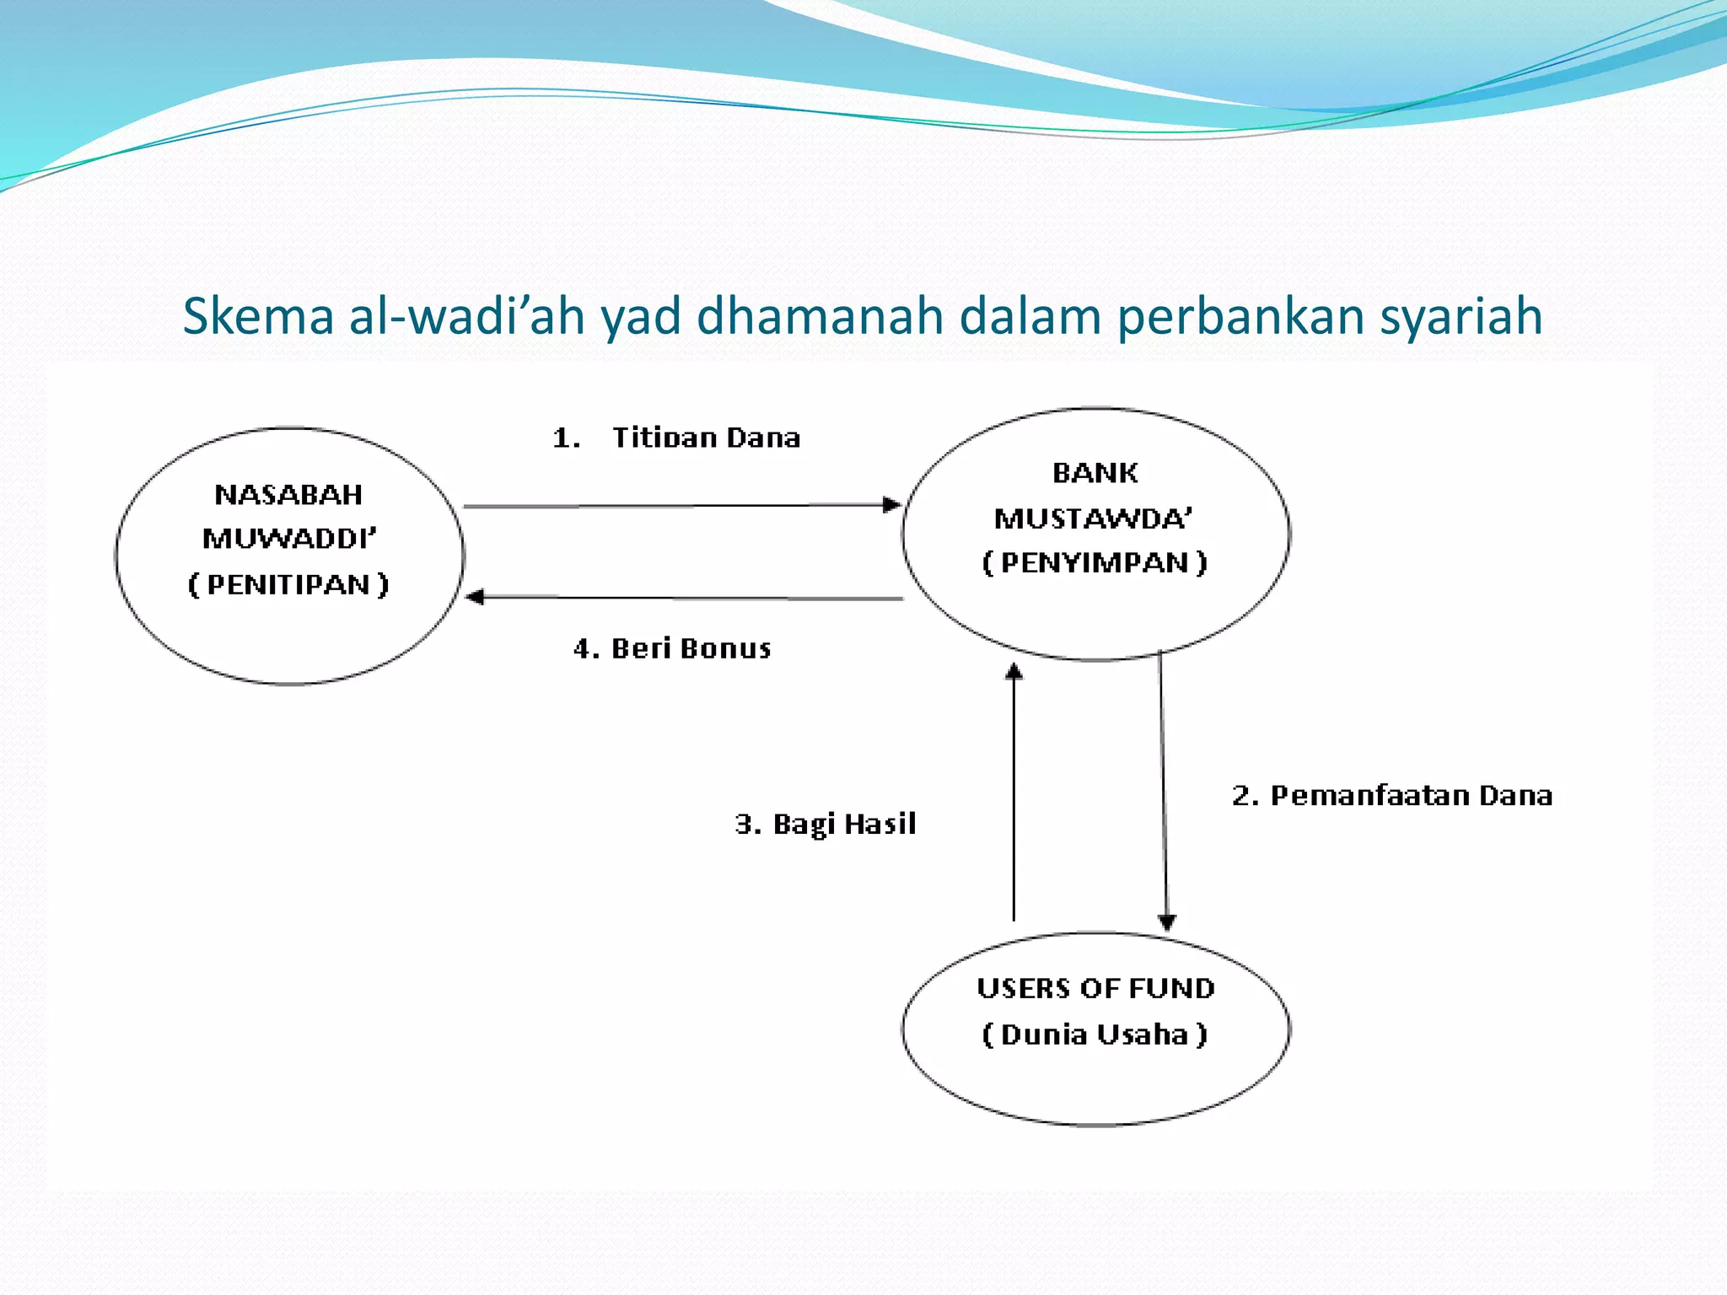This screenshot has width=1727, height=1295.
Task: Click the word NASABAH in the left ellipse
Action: tap(288, 494)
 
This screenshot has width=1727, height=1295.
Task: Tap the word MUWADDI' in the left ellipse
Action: tap(289, 539)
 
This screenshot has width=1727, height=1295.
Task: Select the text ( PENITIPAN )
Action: tap(288, 584)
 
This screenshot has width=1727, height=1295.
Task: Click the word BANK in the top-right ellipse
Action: tap(1095, 473)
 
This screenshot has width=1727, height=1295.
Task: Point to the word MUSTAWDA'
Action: tap(1094, 518)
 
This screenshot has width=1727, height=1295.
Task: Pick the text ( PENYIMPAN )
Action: tap(1095, 562)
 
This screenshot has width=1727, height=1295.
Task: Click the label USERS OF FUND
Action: tap(1095, 988)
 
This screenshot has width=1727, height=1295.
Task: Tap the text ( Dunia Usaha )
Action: tap(1095, 1034)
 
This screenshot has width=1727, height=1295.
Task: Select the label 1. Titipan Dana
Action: tap(676, 438)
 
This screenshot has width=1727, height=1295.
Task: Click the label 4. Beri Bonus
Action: tap(672, 648)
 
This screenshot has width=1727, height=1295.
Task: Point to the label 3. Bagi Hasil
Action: tap(825, 824)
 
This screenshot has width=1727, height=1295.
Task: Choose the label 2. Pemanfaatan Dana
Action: tap(1391, 795)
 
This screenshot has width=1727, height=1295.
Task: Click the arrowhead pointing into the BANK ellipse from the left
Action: tap(891, 505)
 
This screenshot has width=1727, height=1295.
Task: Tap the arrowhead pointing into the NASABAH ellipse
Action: tap(475, 597)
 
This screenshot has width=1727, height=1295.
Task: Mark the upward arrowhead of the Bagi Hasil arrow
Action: tap(1014, 671)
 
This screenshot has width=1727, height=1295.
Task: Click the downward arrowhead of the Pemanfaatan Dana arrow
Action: tap(1167, 922)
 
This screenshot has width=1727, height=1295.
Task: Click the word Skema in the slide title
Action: tap(258, 316)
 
